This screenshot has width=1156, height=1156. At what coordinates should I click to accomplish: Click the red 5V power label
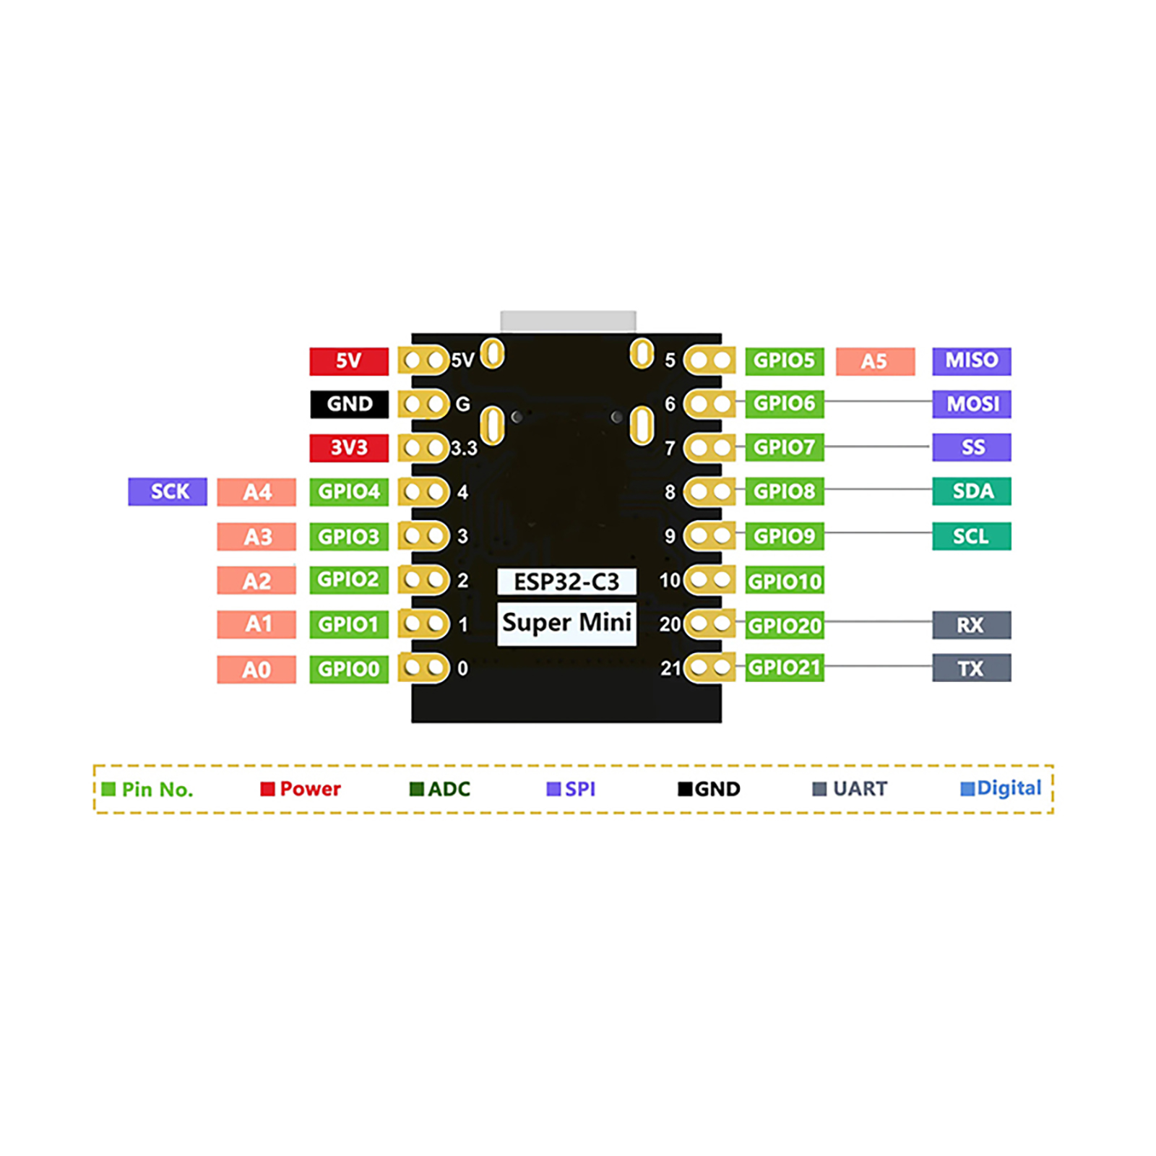349,361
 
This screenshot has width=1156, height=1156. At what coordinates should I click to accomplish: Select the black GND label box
349,404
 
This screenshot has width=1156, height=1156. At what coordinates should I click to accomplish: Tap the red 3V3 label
349,448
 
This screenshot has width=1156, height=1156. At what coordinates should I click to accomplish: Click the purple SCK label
168,492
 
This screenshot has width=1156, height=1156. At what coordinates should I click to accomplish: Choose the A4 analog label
256,493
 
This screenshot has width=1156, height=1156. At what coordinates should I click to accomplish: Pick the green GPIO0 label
349,669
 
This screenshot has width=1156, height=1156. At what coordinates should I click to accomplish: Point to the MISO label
971,361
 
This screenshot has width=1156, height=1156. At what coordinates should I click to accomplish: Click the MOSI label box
971,404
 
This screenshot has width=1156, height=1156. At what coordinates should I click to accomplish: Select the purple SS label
971,447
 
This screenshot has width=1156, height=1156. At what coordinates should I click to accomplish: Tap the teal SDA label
971,491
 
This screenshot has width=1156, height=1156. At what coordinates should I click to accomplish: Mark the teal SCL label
971,536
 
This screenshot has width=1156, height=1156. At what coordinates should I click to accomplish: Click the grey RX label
971,625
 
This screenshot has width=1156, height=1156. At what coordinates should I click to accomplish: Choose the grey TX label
971,668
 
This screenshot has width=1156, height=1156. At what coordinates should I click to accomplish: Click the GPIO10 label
785,581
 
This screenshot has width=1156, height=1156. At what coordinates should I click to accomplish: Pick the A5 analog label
875,361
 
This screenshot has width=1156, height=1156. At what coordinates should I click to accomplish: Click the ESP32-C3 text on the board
566,582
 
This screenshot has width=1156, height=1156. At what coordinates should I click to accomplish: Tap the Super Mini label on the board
566,623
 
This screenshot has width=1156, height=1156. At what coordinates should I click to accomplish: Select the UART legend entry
850,789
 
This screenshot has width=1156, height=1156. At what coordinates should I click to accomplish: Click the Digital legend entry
1001,788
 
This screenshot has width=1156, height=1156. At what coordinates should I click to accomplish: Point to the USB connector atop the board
568,322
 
